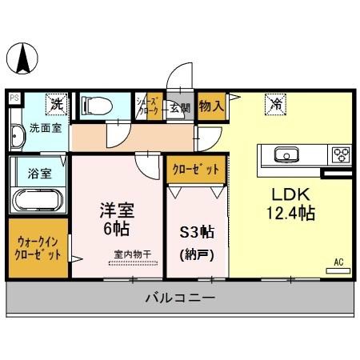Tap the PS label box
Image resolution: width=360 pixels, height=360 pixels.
pos(14,98)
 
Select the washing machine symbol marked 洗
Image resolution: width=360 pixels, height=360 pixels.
pos(56,103)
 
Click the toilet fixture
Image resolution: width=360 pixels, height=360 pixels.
pos(97,105)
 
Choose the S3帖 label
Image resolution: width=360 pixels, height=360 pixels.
pos(197,234)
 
